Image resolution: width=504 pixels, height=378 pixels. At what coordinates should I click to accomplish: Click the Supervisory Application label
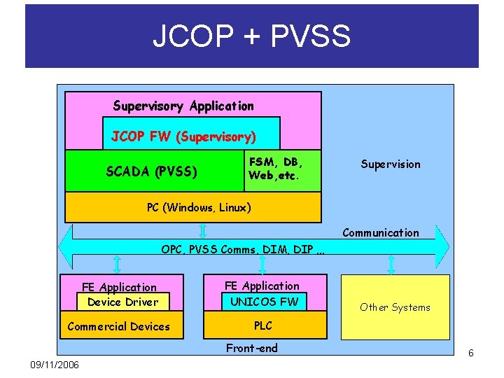[183, 106]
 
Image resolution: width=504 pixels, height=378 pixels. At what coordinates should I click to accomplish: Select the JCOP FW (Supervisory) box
[183, 136]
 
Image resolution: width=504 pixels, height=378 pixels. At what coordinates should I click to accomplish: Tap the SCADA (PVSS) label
[151, 171]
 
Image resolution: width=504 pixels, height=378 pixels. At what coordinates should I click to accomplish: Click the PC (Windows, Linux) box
[199, 207]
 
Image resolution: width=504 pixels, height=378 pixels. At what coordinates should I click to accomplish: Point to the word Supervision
[391, 164]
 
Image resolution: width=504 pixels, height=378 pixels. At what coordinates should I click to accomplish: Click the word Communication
[381, 233]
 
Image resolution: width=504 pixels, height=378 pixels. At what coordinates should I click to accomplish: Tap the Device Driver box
[123, 302]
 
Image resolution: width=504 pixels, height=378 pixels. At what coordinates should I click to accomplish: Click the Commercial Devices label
[118, 326]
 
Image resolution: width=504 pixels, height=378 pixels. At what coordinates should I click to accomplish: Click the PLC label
[262, 325]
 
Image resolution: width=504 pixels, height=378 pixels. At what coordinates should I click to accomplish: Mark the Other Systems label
[395, 307]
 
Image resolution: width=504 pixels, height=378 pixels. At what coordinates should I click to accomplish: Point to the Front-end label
[251, 348]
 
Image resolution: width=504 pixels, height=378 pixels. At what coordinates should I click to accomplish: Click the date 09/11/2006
[55, 365]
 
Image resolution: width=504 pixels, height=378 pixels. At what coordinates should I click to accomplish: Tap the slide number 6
[471, 353]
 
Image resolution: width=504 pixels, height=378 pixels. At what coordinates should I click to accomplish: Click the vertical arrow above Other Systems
[391, 264]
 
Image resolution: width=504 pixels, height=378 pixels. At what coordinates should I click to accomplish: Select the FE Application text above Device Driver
[119, 287]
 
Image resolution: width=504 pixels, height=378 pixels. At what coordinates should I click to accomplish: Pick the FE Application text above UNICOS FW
[261, 286]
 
